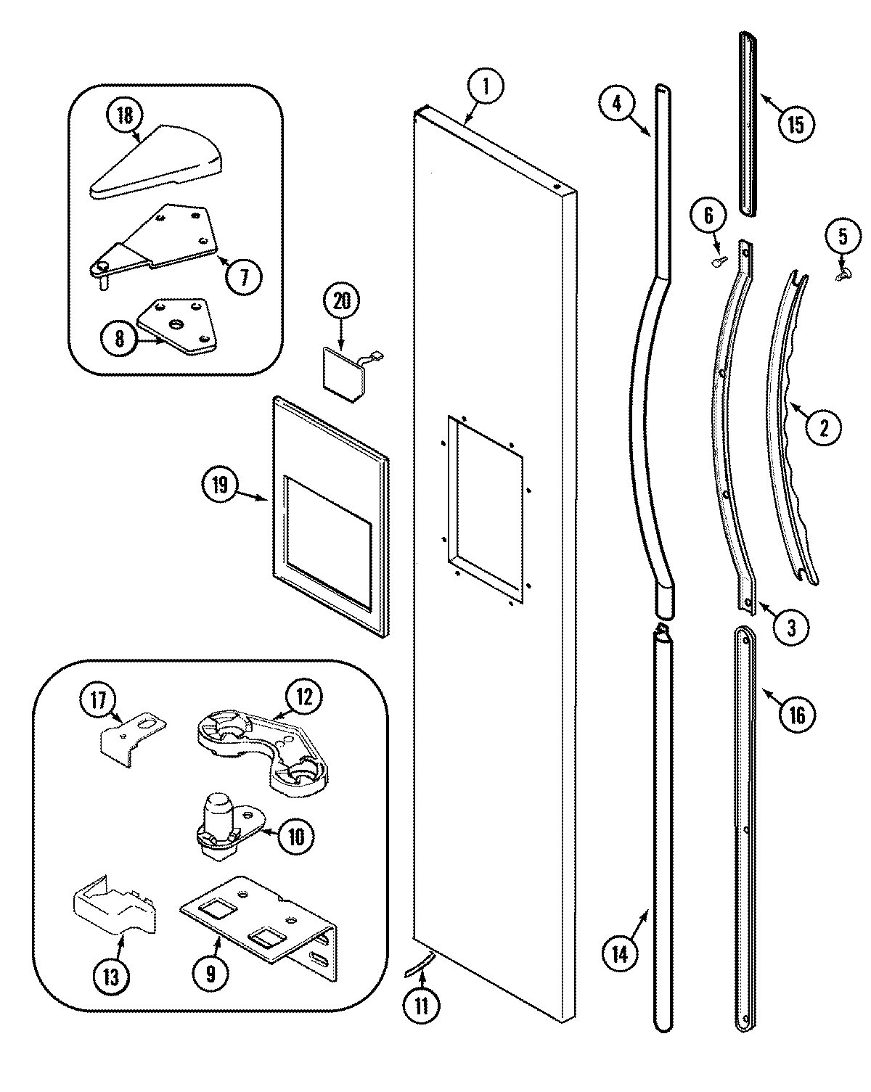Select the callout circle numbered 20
(x=341, y=300)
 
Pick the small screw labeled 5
(x=843, y=275)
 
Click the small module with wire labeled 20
(x=347, y=371)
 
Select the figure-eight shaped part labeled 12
(x=263, y=755)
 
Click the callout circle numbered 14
(x=619, y=953)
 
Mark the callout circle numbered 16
(x=796, y=715)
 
